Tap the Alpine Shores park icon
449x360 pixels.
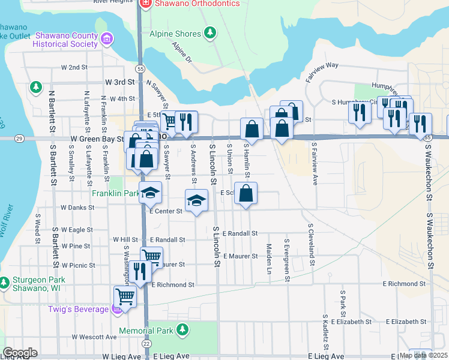[x=210, y=31]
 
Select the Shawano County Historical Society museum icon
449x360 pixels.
[x=107, y=40]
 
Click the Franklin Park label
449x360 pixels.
[x=115, y=194]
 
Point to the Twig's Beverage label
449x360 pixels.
[x=79, y=310]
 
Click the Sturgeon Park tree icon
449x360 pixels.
[x=4, y=281]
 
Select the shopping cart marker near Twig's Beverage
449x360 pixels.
[x=125, y=295]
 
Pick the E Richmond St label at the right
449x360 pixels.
[x=406, y=284]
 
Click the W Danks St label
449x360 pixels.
[x=78, y=208]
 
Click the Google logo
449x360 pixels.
[x=20, y=353]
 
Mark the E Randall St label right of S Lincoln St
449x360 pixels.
[x=240, y=233]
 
